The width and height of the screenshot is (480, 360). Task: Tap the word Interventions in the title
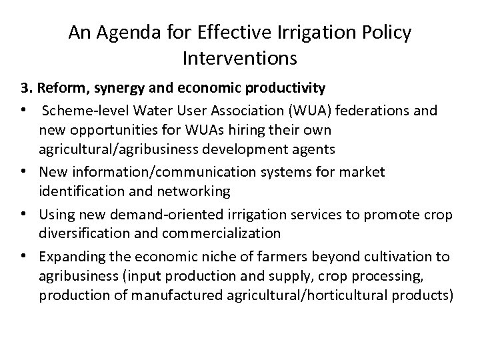point(239,59)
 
